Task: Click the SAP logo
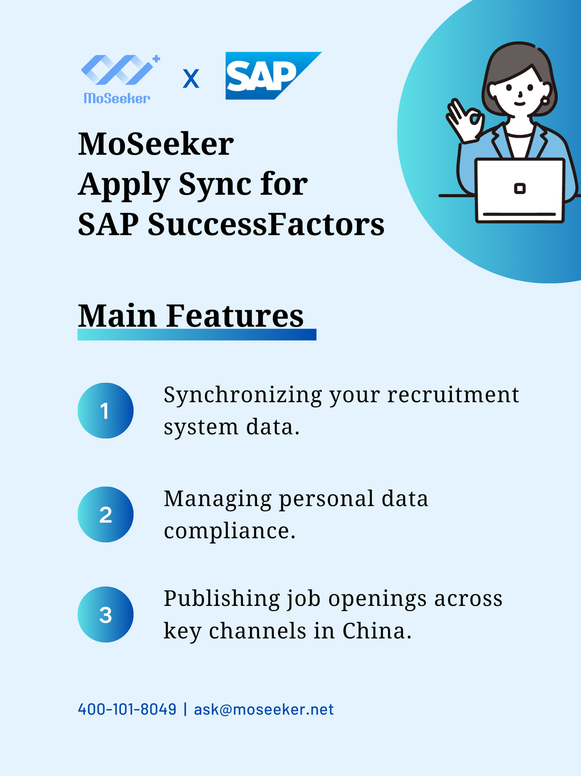click(273, 76)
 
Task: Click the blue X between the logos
click(191, 79)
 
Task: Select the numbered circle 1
click(106, 410)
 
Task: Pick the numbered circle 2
click(106, 514)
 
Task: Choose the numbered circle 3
click(106, 614)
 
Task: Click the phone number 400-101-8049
click(127, 709)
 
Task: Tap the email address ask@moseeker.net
click(264, 709)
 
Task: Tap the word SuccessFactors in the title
click(266, 224)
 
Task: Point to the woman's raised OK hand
click(465, 121)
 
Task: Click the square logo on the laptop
click(520, 188)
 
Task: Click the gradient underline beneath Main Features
click(197, 335)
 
